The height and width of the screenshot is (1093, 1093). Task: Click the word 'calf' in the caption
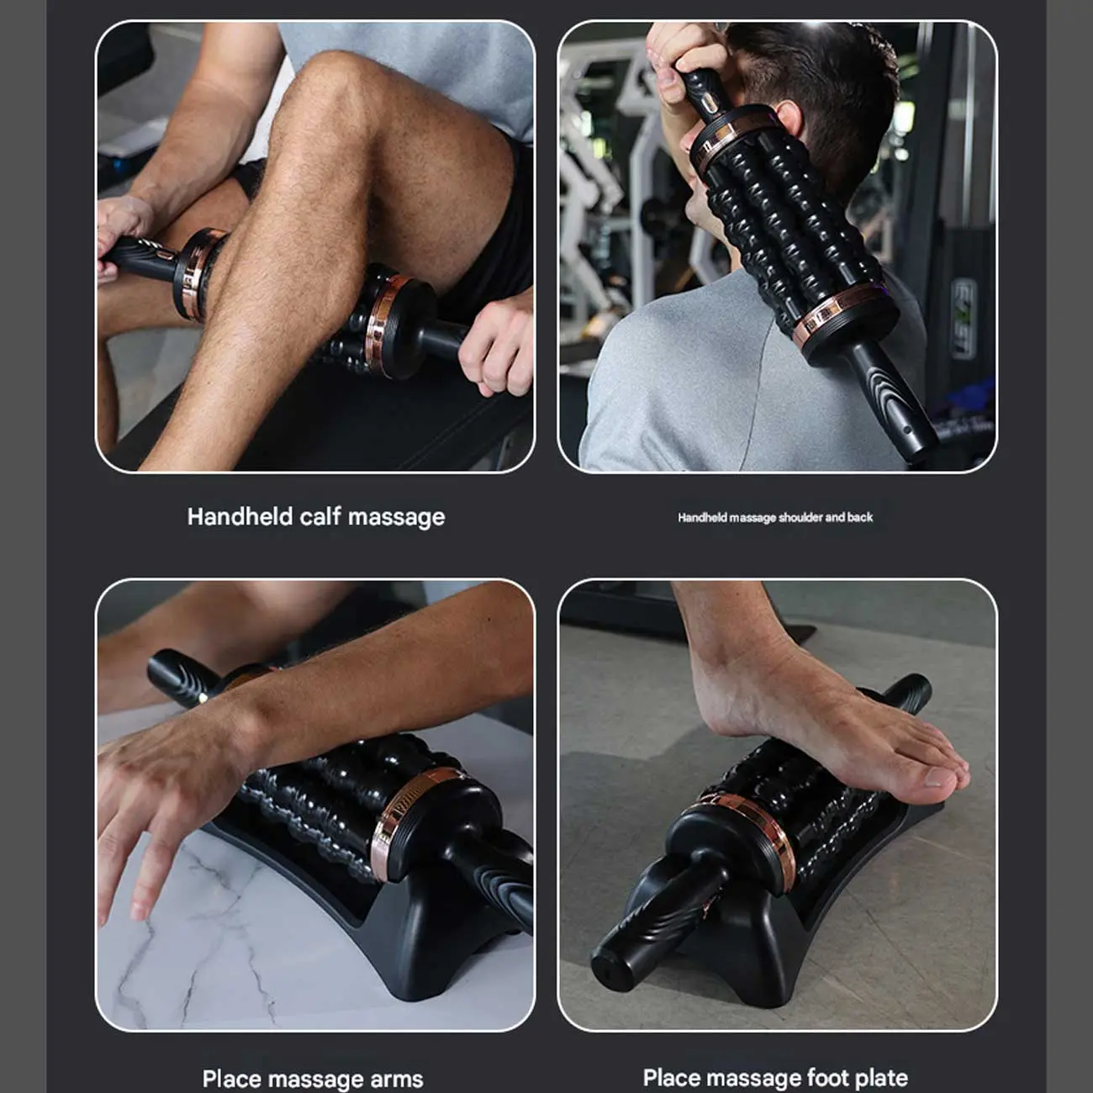click(321, 517)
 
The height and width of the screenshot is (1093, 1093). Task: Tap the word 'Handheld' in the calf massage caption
click(240, 517)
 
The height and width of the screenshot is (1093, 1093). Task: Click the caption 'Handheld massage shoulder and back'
click(775, 517)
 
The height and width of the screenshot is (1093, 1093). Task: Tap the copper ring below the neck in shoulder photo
click(838, 314)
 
